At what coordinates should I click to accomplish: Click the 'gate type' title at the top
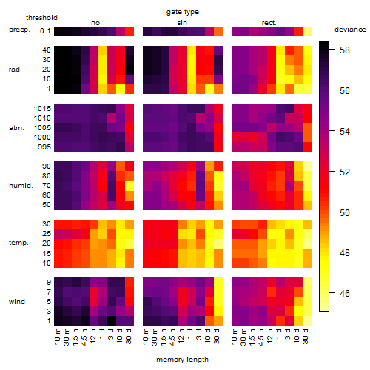click(x=183, y=12)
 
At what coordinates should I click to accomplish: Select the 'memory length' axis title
click(x=182, y=360)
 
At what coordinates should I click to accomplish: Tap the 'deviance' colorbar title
click(x=350, y=30)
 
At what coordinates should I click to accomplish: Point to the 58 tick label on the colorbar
click(x=345, y=50)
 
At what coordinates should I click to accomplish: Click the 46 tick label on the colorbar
click(x=345, y=293)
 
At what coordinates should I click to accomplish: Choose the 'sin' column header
click(x=182, y=23)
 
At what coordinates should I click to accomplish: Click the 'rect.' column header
click(x=269, y=23)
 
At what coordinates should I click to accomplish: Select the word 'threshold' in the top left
click(x=41, y=18)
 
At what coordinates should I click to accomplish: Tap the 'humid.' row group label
click(x=21, y=186)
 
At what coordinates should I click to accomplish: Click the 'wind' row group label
click(x=17, y=302)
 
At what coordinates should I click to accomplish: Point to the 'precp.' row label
click(x=19, y=30)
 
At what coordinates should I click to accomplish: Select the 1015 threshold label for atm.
click(x=42, y=109)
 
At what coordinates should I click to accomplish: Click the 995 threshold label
click(x=44, y=147)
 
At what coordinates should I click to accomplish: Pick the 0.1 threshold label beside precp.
click(x=45, y=31)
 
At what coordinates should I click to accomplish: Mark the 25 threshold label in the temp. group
click(x=47, y=234)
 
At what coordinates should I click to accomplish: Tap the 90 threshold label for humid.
click(x=47, y=166)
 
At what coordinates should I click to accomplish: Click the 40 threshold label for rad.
click(x=47, y=50)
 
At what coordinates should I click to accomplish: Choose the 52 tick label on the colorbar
click(x=345, y=172)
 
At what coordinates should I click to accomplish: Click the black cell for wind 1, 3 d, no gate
click(x=112, y=320)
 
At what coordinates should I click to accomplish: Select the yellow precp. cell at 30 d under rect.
click(x=307, y=31)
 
